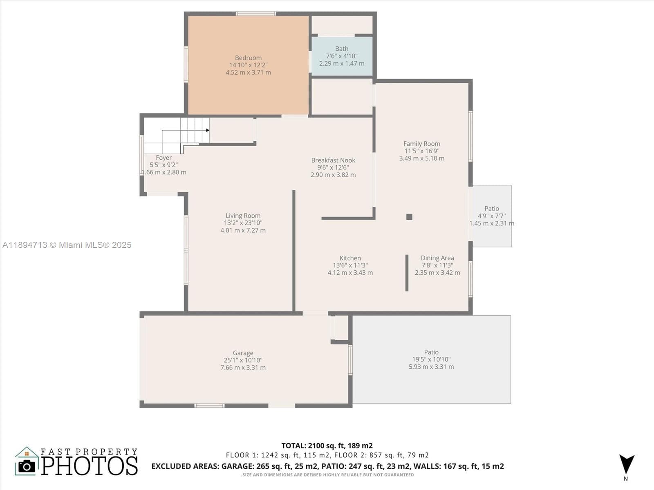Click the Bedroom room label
pyautogui.click(x=248, y=58)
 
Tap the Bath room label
pyautogui.click(x=342, y=49)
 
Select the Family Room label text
pyautogui.click(x=421, y=144)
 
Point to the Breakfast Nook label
pyautogui.click(x=333, y=160)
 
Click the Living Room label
pyautogui.click(x=243, y=216)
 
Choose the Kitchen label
pyautogui.click(x=350, y=258)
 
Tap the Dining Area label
pyautogui.click(x=437, y=258)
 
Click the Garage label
pyautogui.click(x=243, y=353)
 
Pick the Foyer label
pyautogui.click(x=163, y=158)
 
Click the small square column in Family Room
pyautogui.click(x=410, y=217)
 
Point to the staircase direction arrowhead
pyautogui.click(x=208, y=130)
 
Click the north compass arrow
pyautogui.click(x=627, y=464)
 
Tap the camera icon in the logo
pyautogui.click(x=27, y=466)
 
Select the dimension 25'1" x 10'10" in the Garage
pyautogui.click(x=243, y=360)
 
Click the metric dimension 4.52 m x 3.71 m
pyautogui.click(x=248, y=72)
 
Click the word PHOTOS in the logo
pyautogui.click(x=90, y=465)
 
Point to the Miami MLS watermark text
pyautogui.click(x=67, y=245)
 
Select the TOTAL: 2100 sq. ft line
pyautogui.click(x=327, y=445)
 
